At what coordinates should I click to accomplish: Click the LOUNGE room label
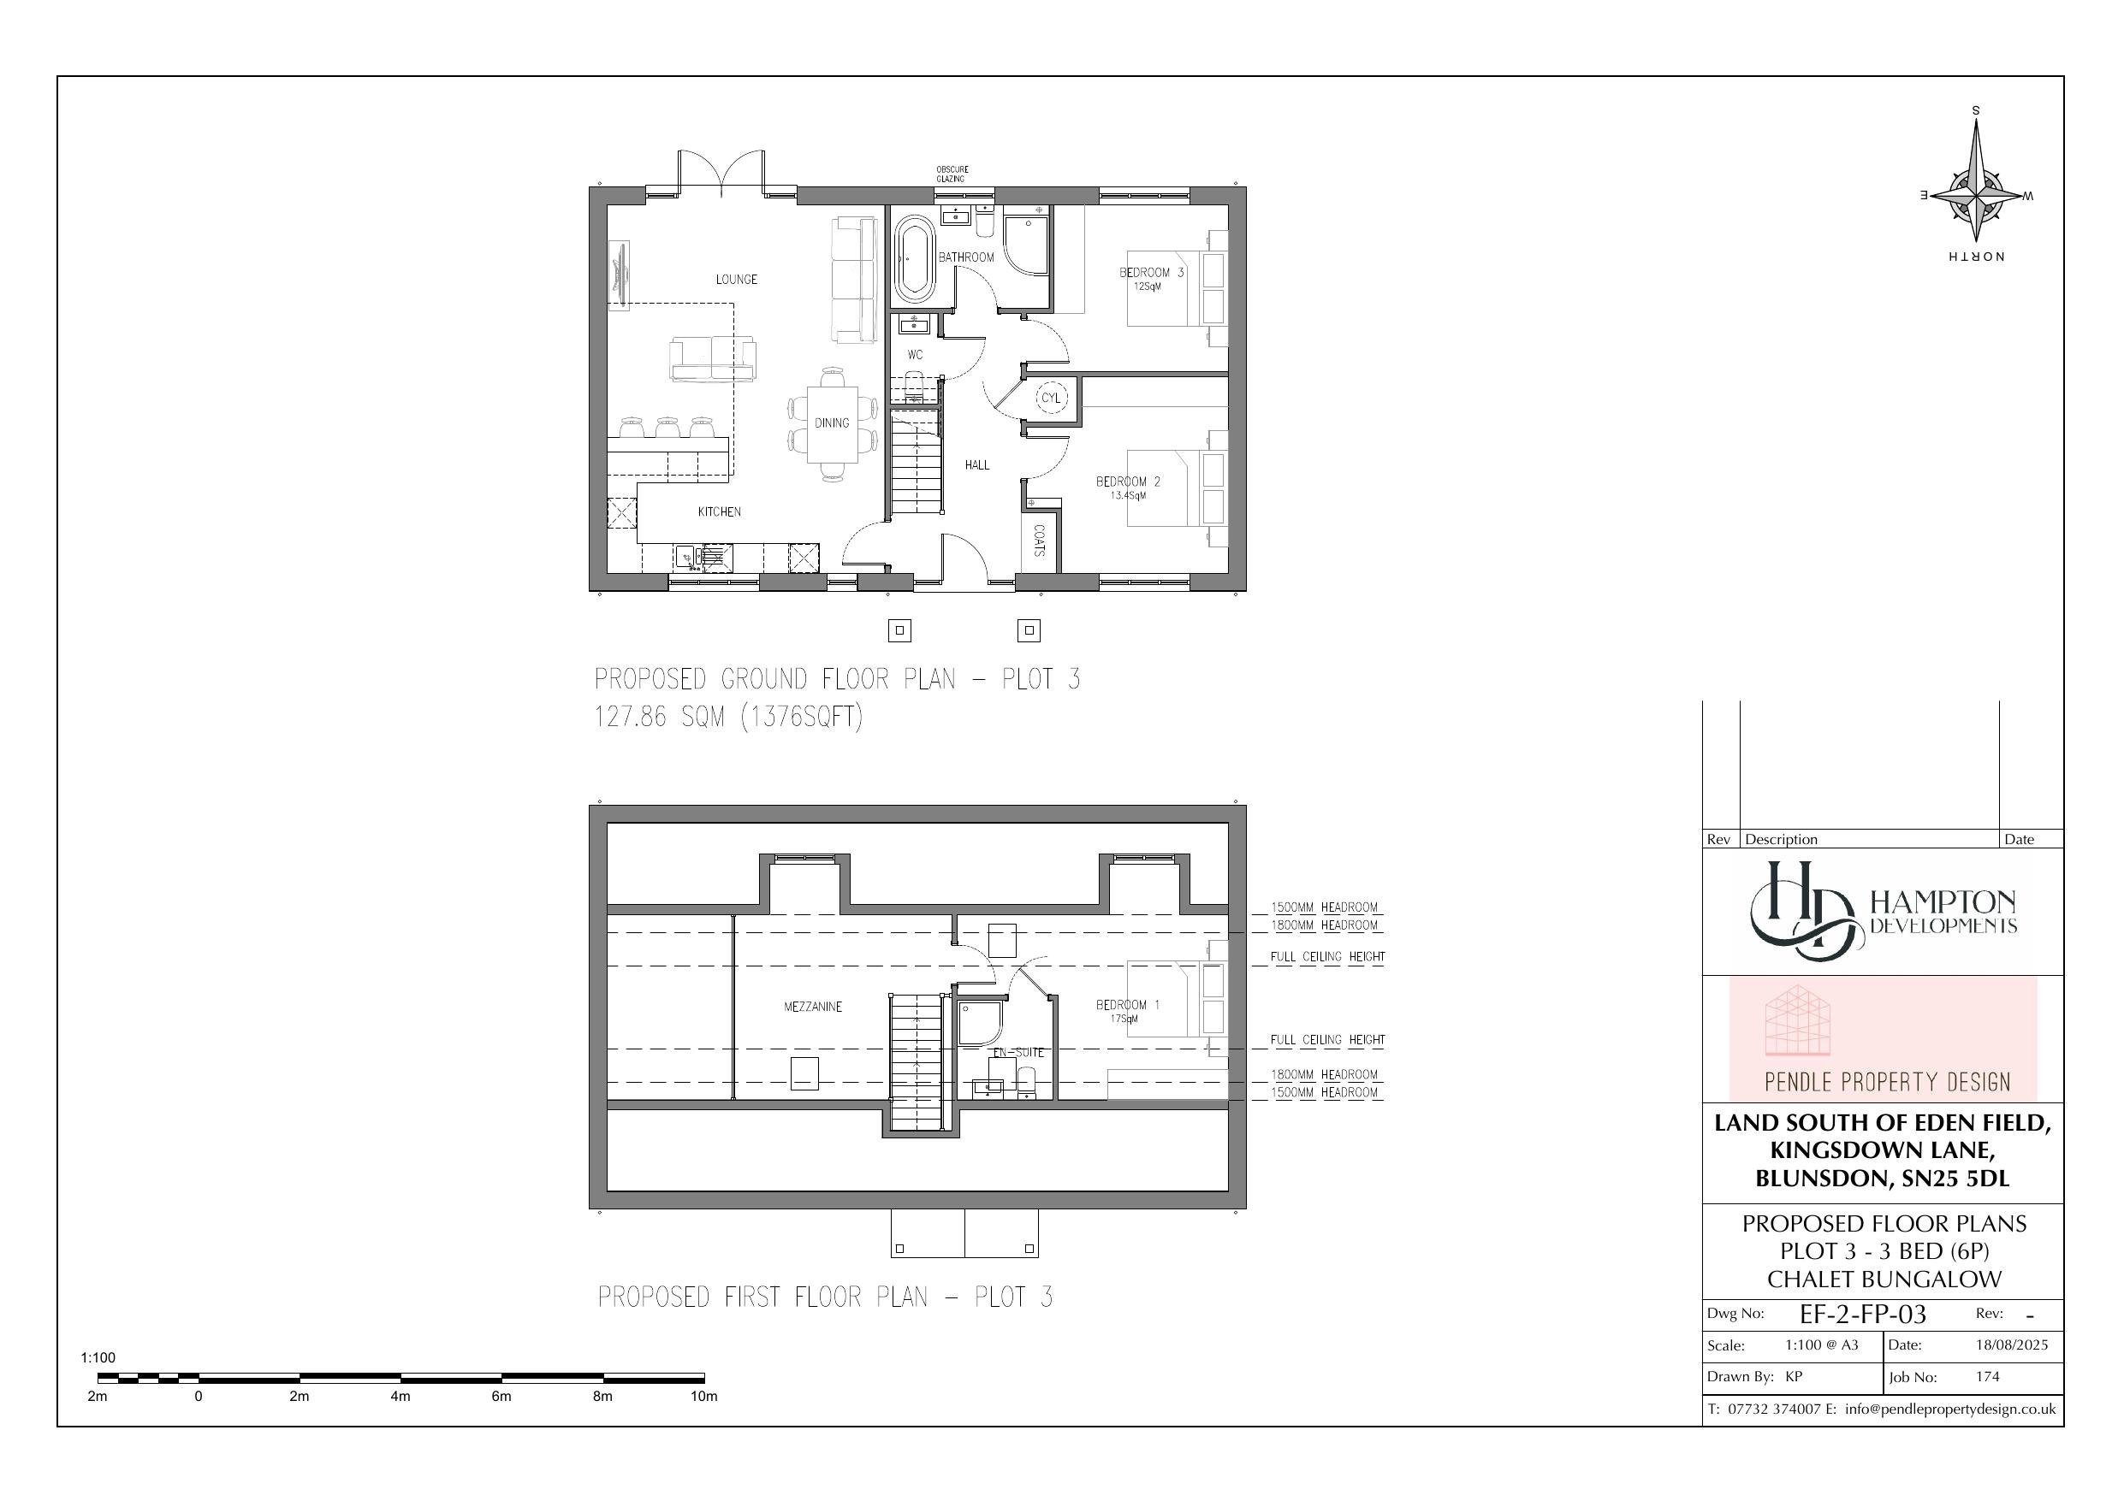click(x=736, y=280)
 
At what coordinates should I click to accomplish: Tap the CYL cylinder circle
click(x=1051, y=398)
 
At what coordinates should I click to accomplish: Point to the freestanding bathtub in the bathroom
click(x=914, y=260)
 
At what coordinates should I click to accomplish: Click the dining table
click(x=832, y=423)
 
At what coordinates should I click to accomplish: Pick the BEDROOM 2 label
click(x=1128, y=482)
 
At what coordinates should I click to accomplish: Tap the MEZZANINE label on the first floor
click(x=813, y=1008)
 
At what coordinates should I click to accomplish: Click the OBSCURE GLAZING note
click(x=952, y=174)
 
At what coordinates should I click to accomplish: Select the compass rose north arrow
click(x=1976, y=196)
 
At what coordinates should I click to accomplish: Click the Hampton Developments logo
click(x=1883, y=912)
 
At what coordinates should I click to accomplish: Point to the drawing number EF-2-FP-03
click(x=1863, y=1315)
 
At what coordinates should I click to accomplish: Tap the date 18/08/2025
click(x=2012, y=1344)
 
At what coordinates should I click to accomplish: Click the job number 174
click(x=1988, y=1376)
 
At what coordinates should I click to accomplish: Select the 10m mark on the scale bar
click(x=704, y=1396)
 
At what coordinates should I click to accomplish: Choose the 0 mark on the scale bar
click(x=199, y=1396)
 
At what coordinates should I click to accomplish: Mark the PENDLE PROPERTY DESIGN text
click(x=1887, y=1082)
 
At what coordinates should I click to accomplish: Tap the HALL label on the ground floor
click(x=977, y=465)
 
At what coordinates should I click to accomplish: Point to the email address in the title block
click(x=1949, y=1409)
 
